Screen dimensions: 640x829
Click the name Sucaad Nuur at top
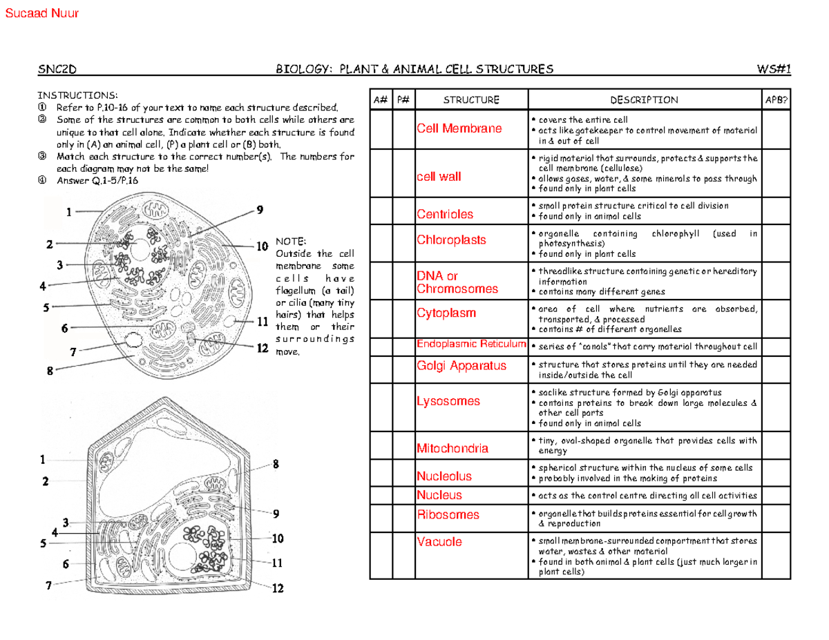click(41, 13)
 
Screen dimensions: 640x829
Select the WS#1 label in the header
click(774, 69)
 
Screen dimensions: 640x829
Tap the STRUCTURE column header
click(470, 100)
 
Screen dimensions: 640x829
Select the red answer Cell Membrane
click(459, 129)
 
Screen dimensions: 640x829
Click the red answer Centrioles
click(445, 214)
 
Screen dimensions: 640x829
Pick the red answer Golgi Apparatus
click(461, 366)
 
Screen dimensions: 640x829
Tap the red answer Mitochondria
click(452, 449)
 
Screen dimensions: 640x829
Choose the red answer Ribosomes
click(448, 515)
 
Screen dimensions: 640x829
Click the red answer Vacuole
click(439, 543)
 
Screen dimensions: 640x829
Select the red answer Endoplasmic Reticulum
click(471, 345)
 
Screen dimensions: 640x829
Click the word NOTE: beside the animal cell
click(290, 242)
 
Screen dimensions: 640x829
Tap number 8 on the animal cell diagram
click(50, 371)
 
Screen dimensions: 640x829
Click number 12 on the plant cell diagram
click(277, 589)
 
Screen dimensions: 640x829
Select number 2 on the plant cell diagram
click(44, 482)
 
